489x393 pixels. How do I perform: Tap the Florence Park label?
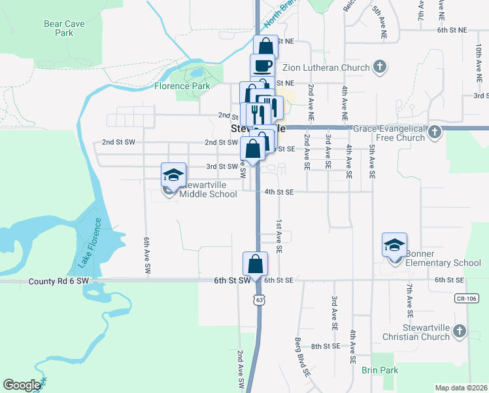tap(182, 86)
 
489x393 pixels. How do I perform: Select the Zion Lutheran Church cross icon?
tap(380, 66)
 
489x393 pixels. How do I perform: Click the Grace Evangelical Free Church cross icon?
tap(435, 133)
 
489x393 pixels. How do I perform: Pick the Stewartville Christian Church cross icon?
tap(460, 331)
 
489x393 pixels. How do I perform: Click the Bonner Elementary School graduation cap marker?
tap(395, 245)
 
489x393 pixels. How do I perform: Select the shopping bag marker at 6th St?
tap(255, 265)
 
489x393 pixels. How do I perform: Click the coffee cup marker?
tap(262, 65)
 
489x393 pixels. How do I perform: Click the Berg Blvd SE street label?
tap(301, 358)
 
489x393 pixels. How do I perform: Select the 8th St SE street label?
tap(326, 346)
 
